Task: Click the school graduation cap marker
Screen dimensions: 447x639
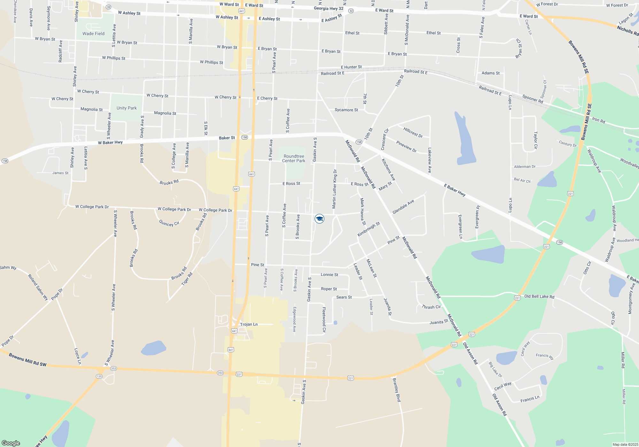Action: tap(319, 219)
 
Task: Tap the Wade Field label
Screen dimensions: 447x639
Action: tap(93, 34)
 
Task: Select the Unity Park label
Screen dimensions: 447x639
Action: tap(127, 108)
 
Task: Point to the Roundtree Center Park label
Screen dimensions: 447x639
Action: tap(294, 159)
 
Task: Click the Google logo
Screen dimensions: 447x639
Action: tap(11, 443)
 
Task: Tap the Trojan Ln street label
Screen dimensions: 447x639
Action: tap(249, 324)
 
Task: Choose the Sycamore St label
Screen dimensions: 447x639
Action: tap(346, 110)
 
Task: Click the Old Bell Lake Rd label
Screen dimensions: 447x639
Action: tap(539, 296)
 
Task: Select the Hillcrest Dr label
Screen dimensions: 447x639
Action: tap(413, 132)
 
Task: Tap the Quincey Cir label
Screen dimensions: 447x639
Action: tap(169, 223)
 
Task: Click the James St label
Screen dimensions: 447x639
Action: tap(60, 173)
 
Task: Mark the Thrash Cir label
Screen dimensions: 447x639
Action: tap(431, 307)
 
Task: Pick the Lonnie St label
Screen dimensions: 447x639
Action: tap(329, 275)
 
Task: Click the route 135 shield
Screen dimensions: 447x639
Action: tap(99, 376)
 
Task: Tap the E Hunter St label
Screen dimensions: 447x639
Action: tap(351, 67)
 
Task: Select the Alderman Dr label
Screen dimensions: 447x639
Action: tap(525, 167)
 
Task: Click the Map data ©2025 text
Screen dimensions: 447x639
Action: tap(625, 444)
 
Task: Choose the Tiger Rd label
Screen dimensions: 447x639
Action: tap(187, 279)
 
